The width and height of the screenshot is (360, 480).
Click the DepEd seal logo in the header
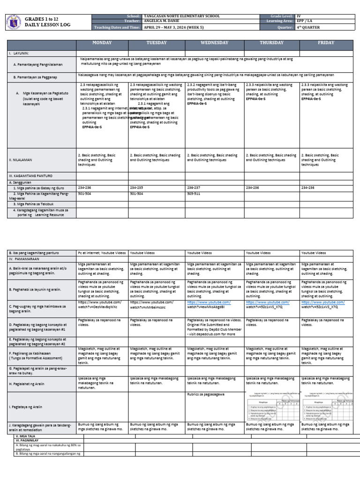(15, 22)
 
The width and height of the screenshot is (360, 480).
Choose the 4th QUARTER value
(308, 27)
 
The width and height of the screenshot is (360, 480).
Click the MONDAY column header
(102, 43)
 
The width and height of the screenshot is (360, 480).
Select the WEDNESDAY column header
(214, 43)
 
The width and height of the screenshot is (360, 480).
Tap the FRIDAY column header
(326, 43)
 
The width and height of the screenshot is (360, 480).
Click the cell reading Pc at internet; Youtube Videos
(102, 253)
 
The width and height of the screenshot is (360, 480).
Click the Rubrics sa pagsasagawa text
(205, 394)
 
